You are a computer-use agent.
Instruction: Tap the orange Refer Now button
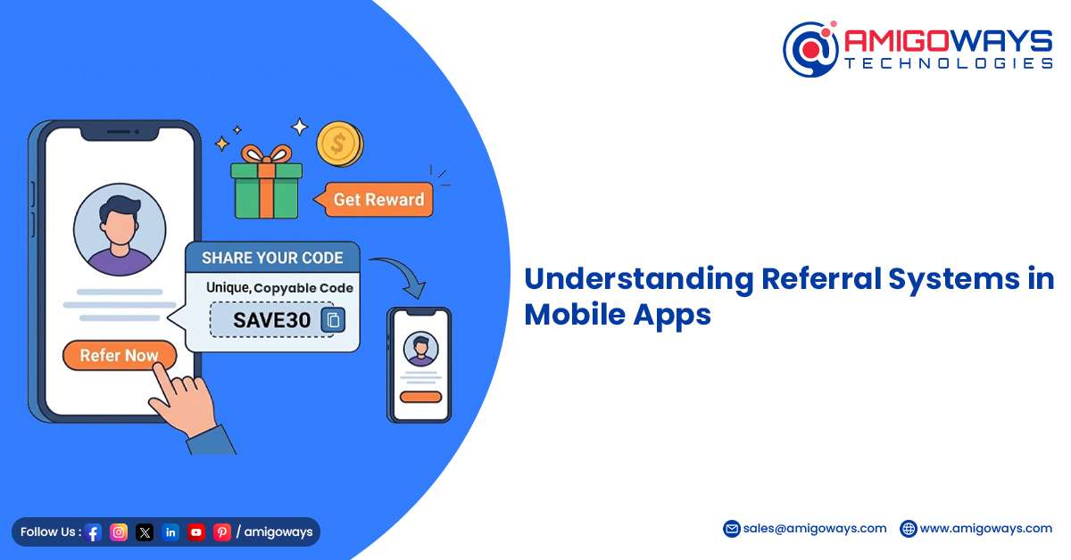[x=120, y=356]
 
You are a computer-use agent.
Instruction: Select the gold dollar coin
[x=339, y=144]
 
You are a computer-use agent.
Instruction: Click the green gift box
[x=266, y=182]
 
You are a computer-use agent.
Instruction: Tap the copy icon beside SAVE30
[x=333, y=319]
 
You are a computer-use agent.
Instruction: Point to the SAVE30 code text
[x=271, y=320]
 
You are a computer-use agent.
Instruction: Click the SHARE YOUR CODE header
[x=272, y=258]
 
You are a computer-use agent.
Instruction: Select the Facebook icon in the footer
[x=93, y=532]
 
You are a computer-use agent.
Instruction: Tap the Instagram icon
[x=119, y=531]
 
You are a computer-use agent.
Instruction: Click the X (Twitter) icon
[x=145, y=531]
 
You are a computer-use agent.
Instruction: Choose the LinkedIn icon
[x=170, y=531]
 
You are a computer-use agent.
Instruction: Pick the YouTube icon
[x=196, y=531]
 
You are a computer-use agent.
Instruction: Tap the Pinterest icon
[x=222, y=531]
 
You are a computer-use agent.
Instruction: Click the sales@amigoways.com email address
[x=815, y=529]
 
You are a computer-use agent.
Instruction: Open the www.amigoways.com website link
[x=986, y=529]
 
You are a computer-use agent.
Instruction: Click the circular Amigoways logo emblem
[x=811, y=49]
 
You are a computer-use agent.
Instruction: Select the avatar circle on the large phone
[x=120, y=230]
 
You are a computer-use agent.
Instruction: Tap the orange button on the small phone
[x=420, y=397]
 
